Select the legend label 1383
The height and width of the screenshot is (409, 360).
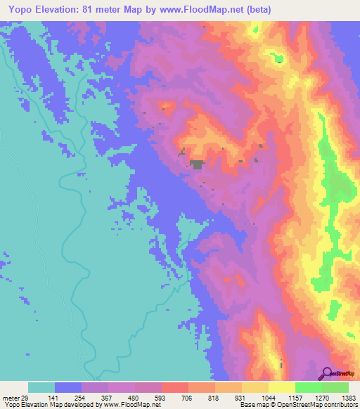[349, 397]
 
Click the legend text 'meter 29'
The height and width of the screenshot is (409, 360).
[15, 397]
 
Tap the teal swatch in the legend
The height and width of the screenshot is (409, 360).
[41, 387]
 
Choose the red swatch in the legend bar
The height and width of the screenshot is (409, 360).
[175, 387]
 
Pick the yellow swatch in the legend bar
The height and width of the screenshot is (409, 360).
[282, 387]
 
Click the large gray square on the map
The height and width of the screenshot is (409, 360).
[198, 164]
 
